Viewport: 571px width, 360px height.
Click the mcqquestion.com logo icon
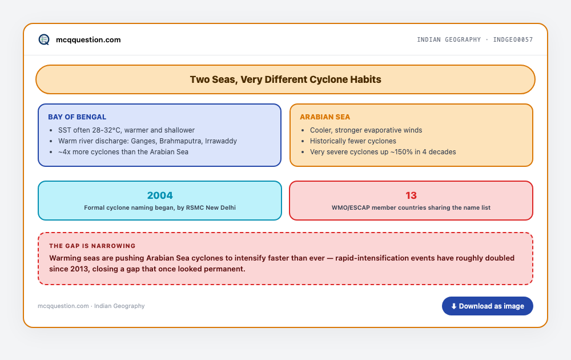[44, 39]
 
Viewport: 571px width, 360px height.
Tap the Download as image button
[487, 306]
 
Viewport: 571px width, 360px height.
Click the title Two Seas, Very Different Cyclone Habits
[285, 79]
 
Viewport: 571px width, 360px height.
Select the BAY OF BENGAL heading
[77, 117]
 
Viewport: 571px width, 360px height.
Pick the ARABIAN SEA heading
[325, 117]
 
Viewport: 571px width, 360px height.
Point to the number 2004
[160, 195]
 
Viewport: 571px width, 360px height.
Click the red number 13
[411, 195]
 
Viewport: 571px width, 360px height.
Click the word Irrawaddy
[220, 141]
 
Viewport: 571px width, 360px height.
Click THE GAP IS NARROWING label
[92, 246]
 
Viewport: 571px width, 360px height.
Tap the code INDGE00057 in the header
[513, 39]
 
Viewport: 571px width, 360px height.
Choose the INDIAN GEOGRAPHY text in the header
[449, 39]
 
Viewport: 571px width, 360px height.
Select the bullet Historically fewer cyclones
[353, 141]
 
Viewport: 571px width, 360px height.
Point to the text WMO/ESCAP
[351, 207]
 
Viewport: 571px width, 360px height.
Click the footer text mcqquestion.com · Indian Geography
[91, 306]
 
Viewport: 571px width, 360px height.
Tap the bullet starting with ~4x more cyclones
[123, 152]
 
